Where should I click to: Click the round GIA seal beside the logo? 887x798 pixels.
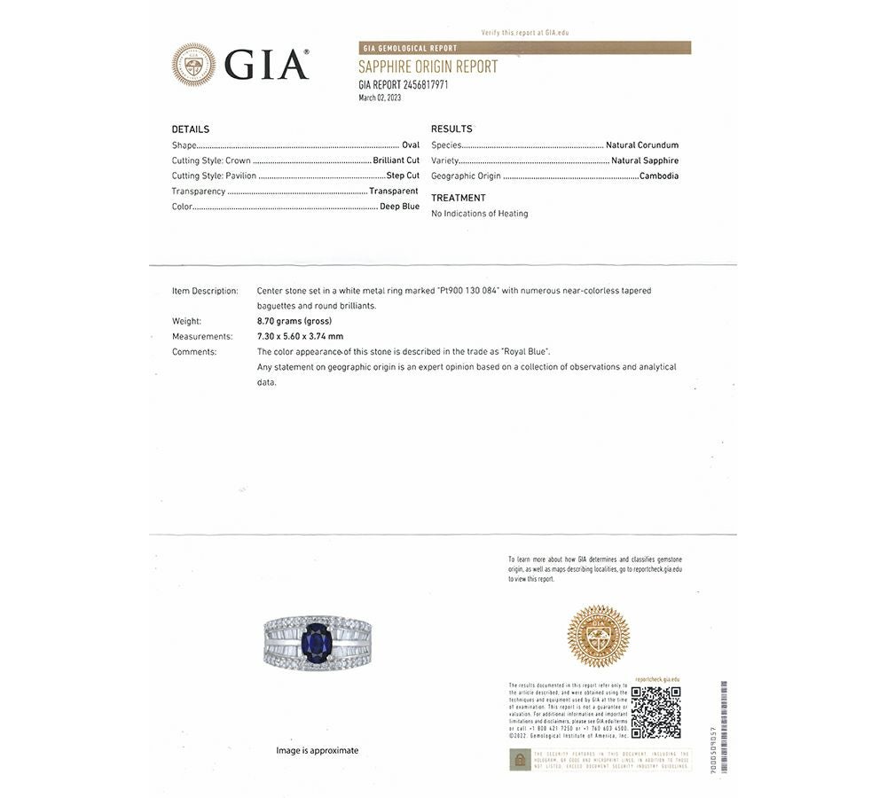[193, 65]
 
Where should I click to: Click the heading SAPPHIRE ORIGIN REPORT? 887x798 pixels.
[428, 66]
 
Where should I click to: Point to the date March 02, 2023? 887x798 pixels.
[380, 98]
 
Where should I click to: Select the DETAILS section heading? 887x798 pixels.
[191, 129]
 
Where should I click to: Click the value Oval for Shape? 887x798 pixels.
[411, 145]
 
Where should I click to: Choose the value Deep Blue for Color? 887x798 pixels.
[399, 207]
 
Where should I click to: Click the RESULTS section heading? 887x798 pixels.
[451, 129]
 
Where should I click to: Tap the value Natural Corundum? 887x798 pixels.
[642, 145]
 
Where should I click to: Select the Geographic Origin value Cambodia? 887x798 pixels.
[659, 176]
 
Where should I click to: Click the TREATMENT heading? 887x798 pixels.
[459, 198]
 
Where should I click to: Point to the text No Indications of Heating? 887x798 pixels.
[479, 214]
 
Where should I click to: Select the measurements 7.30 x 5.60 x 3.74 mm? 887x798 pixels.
[300, 336]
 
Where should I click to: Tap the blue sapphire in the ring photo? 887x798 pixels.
[316, 643]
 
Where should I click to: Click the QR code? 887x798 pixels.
[655, 712]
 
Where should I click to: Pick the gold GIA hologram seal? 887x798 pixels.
[599, 636]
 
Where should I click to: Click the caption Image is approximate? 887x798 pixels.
[317, 750]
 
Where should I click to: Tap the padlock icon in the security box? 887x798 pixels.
[520, 760]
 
